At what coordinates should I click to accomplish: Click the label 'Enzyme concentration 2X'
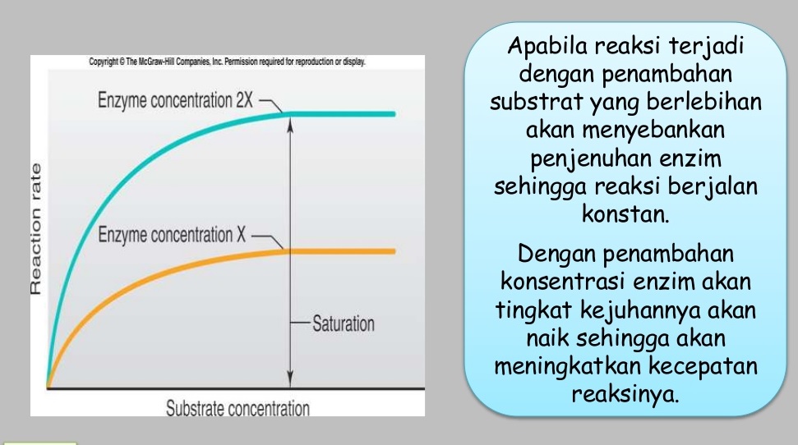[176, 102]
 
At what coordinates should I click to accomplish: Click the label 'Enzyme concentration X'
[172, 235]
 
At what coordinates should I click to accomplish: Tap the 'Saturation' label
[343, 323]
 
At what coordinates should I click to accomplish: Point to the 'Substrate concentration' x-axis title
[238, 408]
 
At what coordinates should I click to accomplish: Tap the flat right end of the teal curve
[390, 114]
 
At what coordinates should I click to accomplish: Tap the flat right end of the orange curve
[390, 250]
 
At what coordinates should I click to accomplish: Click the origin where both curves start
[48, 387]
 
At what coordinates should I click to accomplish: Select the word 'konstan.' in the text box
[625, 216]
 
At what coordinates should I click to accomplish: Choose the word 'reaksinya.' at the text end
[625, 393]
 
